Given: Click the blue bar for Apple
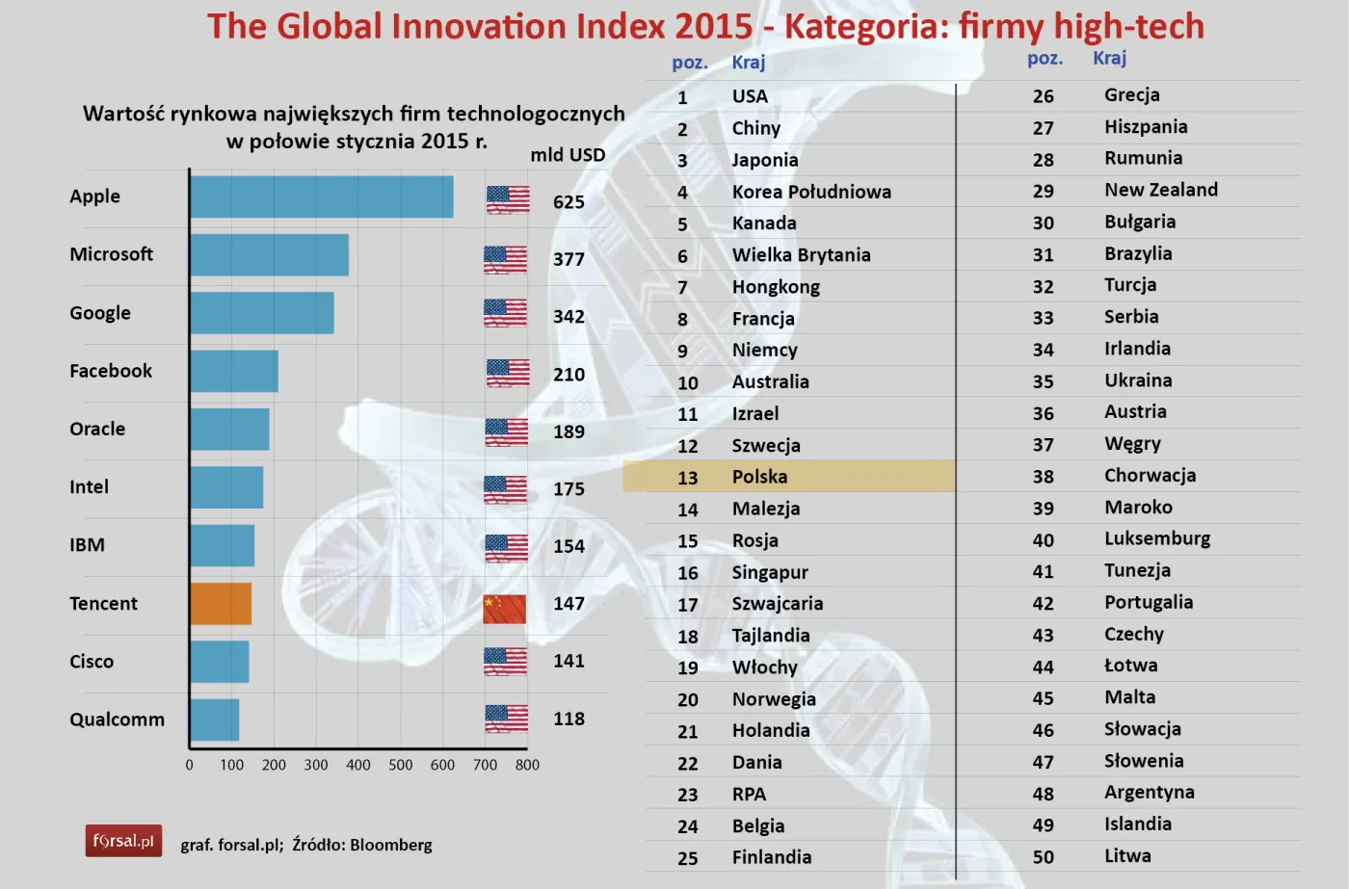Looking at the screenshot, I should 321,197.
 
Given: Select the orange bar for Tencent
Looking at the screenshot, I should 221,604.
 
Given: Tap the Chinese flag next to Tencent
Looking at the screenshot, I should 505,609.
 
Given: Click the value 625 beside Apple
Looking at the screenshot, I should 569,202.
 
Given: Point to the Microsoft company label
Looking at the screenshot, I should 111,254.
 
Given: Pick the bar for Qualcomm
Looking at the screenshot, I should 214,719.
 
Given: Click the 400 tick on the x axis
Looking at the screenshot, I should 357,765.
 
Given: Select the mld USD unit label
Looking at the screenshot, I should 568,155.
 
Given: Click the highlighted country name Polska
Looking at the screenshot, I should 759,477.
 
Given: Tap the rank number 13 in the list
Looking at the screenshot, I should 687,478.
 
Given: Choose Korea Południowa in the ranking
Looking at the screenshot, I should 811,192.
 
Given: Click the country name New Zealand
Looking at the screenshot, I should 1160,190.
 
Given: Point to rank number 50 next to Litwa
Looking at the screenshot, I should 1043,857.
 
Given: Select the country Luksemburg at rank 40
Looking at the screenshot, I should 1156,538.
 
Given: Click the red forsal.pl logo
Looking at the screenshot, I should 123,841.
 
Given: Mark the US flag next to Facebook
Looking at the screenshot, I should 508,373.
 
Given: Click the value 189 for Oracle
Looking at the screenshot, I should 569,431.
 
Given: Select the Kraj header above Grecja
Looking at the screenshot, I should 1109,58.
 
